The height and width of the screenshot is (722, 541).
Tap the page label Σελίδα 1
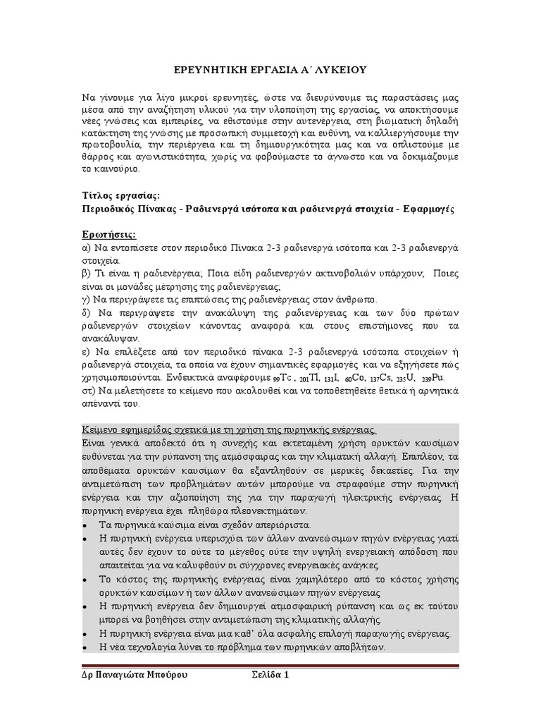click(271, 674)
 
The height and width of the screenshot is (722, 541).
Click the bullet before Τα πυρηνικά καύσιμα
click(85, 525)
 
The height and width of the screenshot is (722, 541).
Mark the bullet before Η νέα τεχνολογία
click(85, 648)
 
